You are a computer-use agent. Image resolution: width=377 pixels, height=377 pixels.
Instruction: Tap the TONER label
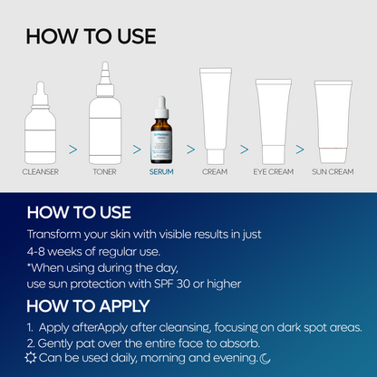point(104,170)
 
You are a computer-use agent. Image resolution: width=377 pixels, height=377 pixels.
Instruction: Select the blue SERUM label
point(161,170)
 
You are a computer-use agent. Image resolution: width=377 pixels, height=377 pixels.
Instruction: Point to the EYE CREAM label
point(273,170)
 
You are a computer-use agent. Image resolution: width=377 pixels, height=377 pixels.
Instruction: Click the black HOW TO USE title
point(91,36)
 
